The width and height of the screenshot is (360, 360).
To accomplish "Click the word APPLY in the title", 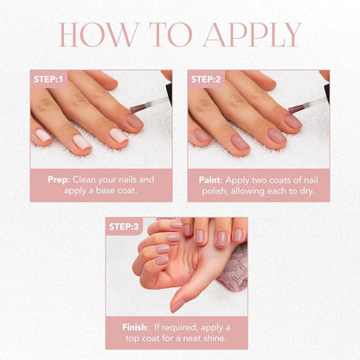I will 255,35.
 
